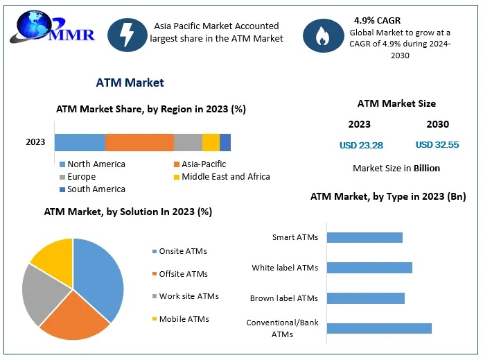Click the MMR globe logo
[x=52, y=27]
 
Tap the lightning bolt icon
[x=128, y=35]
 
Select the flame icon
[x=323, y=35]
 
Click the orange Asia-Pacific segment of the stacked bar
[x=139, y=142]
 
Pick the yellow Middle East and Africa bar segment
[x=211, y=142]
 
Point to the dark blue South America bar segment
[x=225, y=142]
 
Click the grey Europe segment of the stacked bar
[x=188, y=142]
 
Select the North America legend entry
[x=92, y=164]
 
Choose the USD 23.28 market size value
[x=361, y=145]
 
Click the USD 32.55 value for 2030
[x=437, y=144]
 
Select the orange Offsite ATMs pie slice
[x=76, y=318]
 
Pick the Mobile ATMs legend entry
[x=181, y=319]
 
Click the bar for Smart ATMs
[x=365, y=238]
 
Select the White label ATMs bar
[x=369, y=268]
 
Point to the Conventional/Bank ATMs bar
[x=379, y=328]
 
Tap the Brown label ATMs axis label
[x=284, y=298]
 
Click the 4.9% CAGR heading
[x=378, y=21]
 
